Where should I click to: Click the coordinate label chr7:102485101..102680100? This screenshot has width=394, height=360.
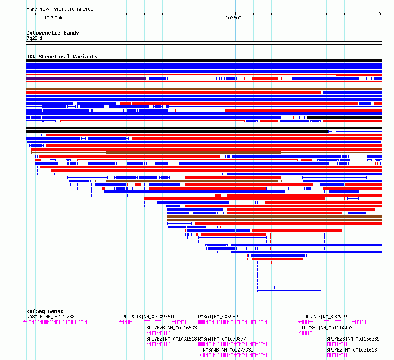[x=60, y=9]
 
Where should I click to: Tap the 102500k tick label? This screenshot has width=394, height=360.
[x=53, y=18]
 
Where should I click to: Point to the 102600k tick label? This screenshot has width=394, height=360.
[x=235, y=18]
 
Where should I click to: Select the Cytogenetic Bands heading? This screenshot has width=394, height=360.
[x=53, y=33]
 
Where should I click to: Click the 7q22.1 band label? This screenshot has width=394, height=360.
[x=35, y=38]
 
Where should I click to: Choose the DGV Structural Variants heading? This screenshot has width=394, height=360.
[x=62, y=57]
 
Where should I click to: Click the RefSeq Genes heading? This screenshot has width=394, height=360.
[x=45, y=311]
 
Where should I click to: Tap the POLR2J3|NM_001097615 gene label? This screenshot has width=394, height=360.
[x=149, y=317]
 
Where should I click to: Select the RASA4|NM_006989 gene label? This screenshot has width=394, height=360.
[x=218, y=317]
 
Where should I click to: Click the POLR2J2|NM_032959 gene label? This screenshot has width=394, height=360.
[x=324, y=317]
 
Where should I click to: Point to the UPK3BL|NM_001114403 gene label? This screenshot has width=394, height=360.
[x=327, y=328]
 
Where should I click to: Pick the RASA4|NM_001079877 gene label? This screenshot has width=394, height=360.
[x=222, y=339]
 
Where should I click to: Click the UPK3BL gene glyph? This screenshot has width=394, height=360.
[x=306, y=333]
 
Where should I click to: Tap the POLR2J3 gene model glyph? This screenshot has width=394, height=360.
[x=153, y=322]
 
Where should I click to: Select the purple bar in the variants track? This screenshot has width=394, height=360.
[x=86, y=78]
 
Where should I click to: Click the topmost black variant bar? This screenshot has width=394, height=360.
[x=204, y=61]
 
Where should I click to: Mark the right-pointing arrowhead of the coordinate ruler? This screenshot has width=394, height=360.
[x=380, y=14]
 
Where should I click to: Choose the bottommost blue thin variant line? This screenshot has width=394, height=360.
[x=289, y=291]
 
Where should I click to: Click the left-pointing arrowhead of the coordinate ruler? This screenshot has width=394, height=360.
[x=27, y=14]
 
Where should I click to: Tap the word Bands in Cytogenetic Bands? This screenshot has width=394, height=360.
[x=71, y=33]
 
